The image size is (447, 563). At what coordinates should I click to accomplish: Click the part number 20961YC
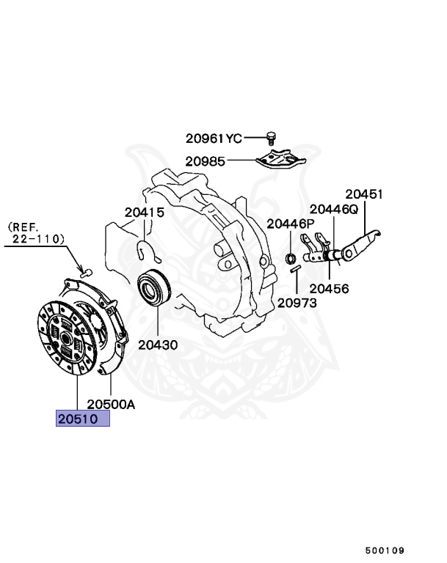[213, 138]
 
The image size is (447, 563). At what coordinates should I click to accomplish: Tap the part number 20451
[365, 194]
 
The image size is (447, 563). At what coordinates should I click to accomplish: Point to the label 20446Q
[333, 210]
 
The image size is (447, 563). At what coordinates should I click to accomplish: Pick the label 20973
[297, 302]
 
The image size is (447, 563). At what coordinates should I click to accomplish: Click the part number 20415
[144, 213]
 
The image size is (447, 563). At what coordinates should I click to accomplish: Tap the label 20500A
[112, 403]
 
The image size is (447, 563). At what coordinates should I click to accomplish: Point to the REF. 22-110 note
[36, 233]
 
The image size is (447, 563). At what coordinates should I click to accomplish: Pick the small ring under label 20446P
[290, 257]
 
